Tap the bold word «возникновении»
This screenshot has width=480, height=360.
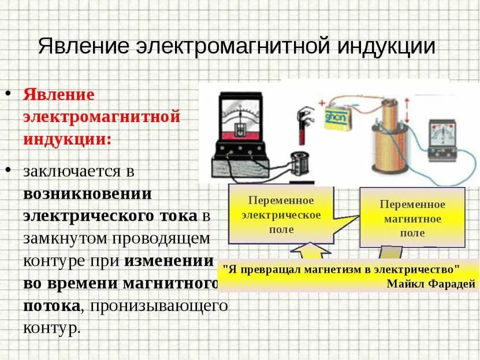[x=87, y=194]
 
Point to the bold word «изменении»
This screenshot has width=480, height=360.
[x=169, y=261]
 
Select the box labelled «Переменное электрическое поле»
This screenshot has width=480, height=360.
[x=281, y=215]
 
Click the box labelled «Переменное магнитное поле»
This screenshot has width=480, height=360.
[x=412, y=219]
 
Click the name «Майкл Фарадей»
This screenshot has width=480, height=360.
[x=431, y=283]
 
